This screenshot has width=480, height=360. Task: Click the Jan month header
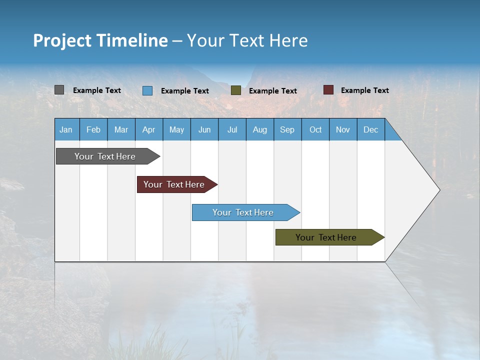coord(66,129)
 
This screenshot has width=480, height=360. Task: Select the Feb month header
coord(93,129)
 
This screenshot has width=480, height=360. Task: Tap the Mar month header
coord(121,129)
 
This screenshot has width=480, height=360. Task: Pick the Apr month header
coord(149,129)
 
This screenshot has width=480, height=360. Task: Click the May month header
coord(176,129)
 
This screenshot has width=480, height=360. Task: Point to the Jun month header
coord(204,129)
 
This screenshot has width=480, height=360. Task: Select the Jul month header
coord(232,129)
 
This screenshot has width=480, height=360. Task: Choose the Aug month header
coord(260,129)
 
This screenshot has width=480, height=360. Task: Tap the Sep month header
coord(287,129)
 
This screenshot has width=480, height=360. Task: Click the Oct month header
coord(315,129)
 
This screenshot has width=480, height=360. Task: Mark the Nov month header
coord(343,129)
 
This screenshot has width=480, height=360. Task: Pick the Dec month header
coord(371,129)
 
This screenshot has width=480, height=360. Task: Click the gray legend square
coord(59,90)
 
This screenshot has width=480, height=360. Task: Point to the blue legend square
coord(147,90)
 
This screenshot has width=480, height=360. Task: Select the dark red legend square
coord(328,90)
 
